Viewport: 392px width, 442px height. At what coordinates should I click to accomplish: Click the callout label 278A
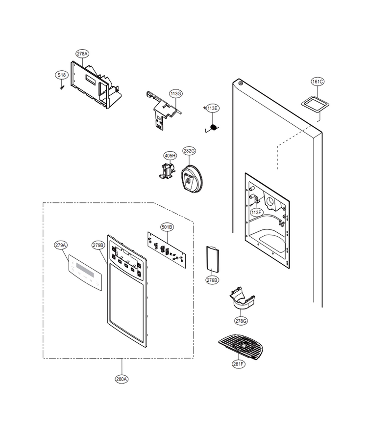click(x=82, y=54)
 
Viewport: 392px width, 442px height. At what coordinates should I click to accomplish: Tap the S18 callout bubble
click(x=61, y=75)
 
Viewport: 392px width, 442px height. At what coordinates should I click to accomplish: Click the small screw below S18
click(x=62, y=88)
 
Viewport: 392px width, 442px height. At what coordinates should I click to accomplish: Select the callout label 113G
click(x=176, y=94)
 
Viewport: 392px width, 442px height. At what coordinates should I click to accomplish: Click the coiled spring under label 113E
click(x=213, y=128)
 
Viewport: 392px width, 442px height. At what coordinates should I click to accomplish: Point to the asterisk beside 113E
click(x=204, y=108)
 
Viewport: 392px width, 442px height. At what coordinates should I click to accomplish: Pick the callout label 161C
click(x=318, y=82)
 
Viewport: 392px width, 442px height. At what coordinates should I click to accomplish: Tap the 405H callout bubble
click(x=170, y=156)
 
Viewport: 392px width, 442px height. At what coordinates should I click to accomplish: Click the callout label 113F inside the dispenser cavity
click(x=256, y=212)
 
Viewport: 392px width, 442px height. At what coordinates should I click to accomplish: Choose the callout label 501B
click(x=167, y=227)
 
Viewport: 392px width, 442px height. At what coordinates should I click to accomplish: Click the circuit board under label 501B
click(x=167, y=250)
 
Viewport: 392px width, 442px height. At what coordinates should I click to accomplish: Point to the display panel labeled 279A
click(x=85, y=273)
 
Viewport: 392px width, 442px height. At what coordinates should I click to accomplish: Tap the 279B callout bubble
click(x=98, y=245)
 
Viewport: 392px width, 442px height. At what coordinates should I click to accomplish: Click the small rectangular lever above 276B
click(x=213, y=259)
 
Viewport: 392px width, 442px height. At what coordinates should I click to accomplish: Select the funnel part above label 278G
click(x=242, y=298)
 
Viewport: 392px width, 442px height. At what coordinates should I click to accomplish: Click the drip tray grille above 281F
click(x=241, y=347)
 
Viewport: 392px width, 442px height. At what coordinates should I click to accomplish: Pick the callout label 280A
click(x=122, y=379)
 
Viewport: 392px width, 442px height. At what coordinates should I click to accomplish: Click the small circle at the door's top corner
click(x=241, y=83)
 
